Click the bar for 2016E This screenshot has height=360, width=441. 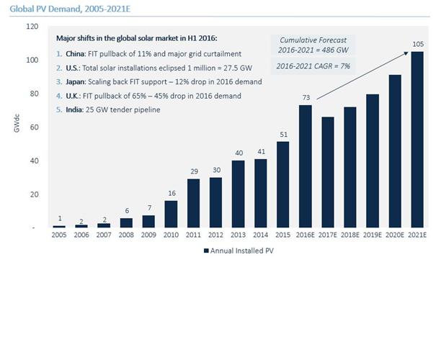click(306, 166)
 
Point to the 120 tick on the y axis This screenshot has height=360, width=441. click(32, 27)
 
